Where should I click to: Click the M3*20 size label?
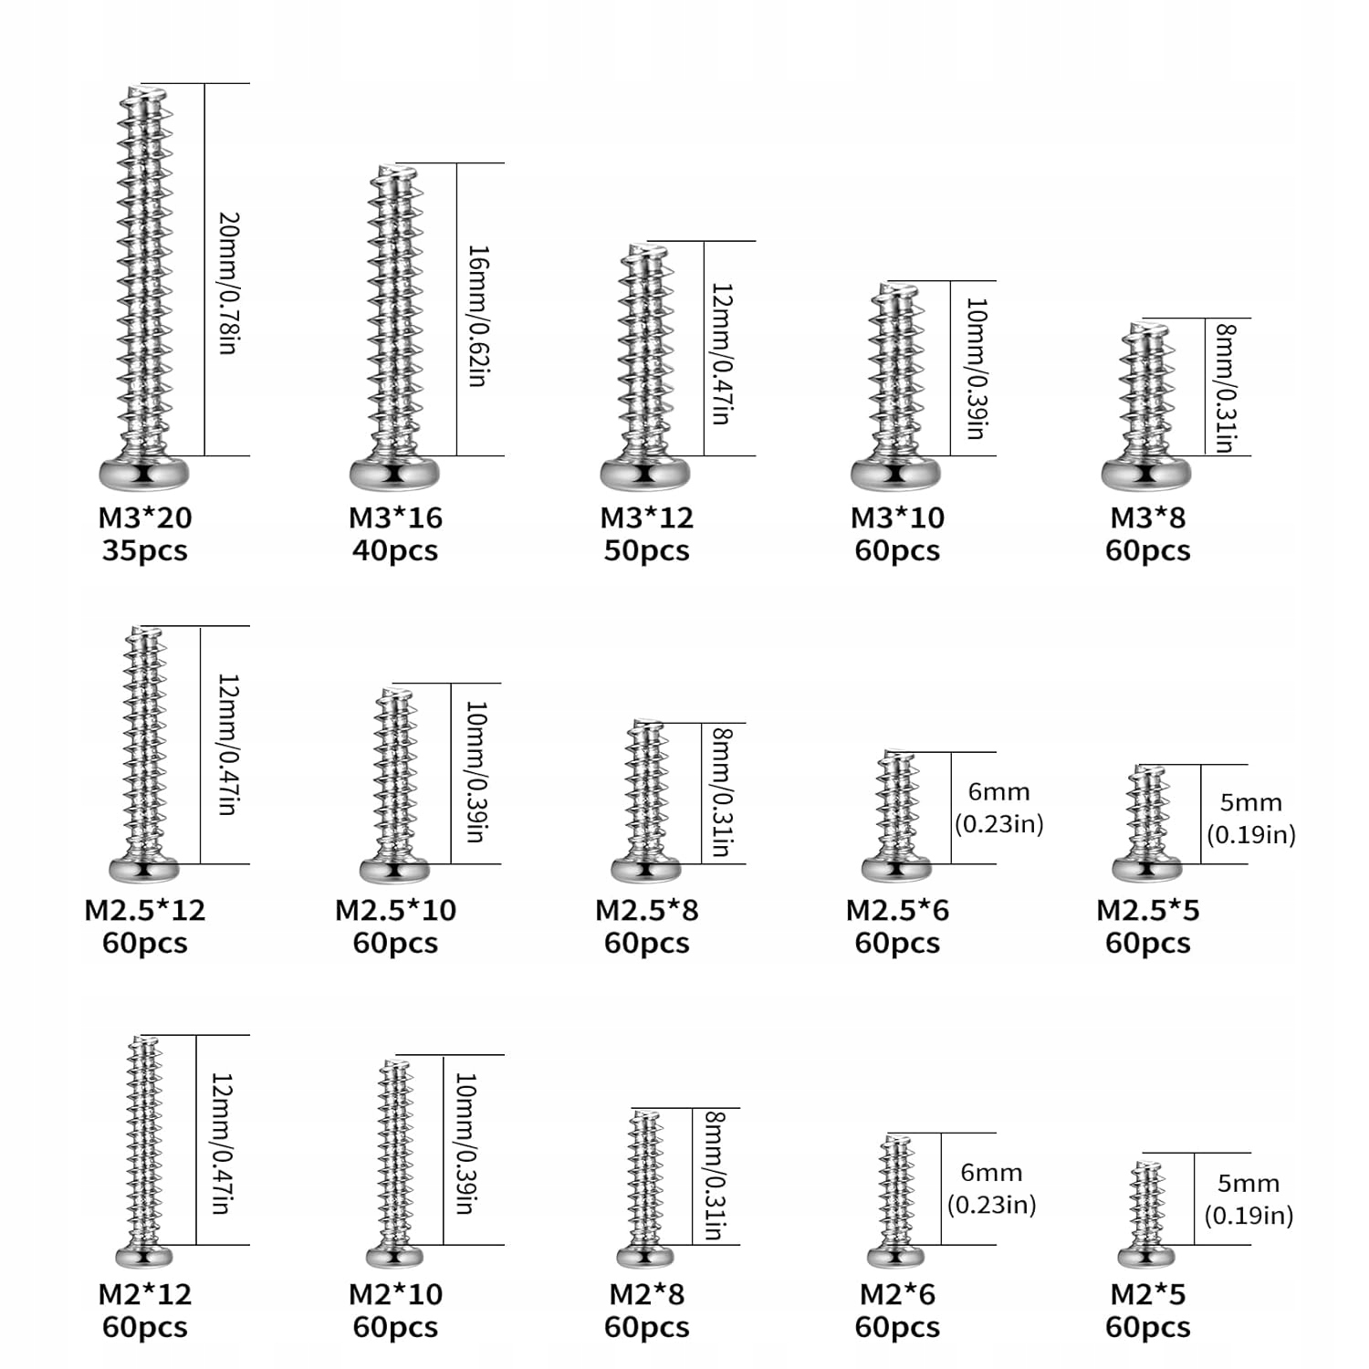coord(145,517)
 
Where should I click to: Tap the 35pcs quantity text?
coord(145,550)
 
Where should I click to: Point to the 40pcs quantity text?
coord(395,550)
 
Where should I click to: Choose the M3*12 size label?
coord(646,517)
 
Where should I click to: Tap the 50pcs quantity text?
coord(646,550)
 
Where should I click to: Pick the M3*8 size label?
coord(1147,517)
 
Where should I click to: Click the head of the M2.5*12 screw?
coord(144,871)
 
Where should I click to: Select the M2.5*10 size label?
coord(395,910)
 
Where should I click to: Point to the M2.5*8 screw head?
coord(645,869)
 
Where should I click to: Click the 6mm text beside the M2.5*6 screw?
coord(998,791)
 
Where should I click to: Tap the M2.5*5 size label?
coord(1147,910)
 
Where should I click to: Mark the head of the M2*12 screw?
coord(144,1256)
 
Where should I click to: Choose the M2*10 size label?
coord(395,1294)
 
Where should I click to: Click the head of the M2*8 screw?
coord(645,1257)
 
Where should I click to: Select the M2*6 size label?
coord(897,1294)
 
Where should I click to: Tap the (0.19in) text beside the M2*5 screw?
coord(1248,1216)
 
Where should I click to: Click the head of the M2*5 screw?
coord(1146,1258)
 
